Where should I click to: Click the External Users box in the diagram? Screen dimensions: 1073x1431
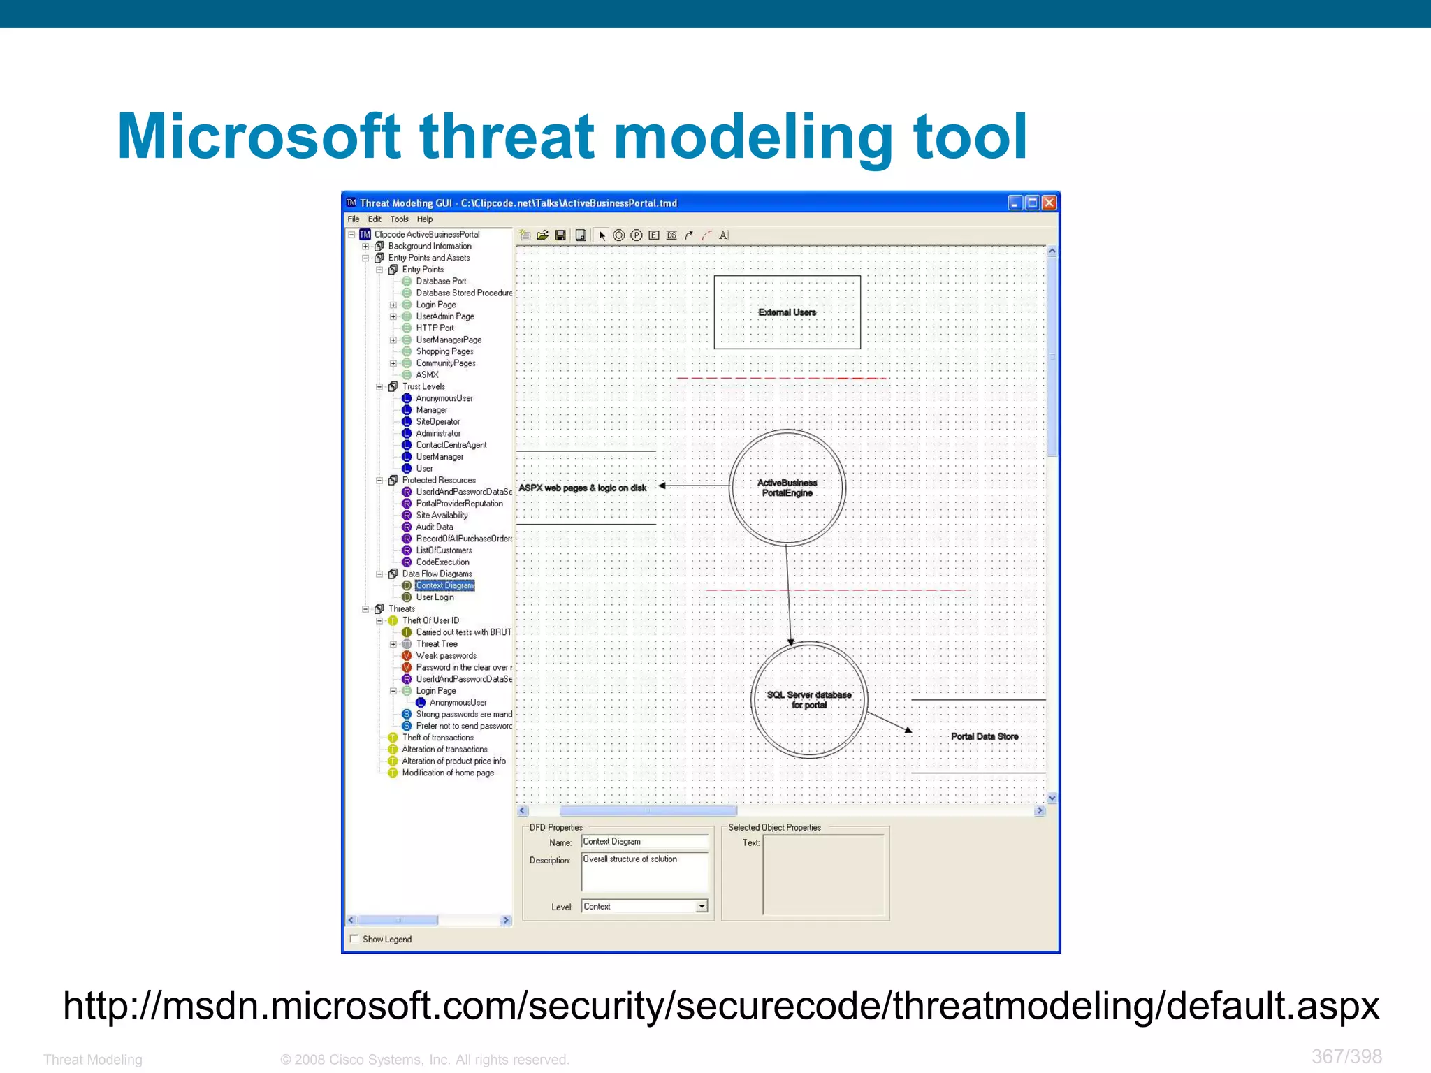point(787,312)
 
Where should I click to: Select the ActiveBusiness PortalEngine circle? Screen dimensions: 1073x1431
point(787,488)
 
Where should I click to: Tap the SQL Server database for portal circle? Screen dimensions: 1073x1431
point(808,699)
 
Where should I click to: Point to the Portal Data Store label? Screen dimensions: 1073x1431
point(984,736)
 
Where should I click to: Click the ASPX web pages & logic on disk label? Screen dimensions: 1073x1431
point(582,488)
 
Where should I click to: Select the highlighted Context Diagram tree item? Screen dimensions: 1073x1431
point(444,585)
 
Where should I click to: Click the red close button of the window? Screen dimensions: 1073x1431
point(1049,203)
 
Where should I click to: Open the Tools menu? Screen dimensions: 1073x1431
point(399,219)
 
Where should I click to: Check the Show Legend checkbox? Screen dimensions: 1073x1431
point(354,939)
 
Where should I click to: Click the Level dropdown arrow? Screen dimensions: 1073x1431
point(702,906)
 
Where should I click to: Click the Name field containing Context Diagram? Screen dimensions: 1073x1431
point(644,842)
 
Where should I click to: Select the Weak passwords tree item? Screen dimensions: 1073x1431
point(446,655)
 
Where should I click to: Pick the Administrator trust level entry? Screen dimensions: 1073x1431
point(438,433)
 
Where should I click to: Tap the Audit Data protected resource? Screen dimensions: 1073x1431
point(434,527)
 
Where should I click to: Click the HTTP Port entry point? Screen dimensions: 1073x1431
point(435,328)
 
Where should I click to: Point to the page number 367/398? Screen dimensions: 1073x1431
point(1346,1056)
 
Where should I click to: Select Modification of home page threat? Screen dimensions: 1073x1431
point(447,773)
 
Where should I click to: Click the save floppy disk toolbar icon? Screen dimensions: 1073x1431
point(560,235)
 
